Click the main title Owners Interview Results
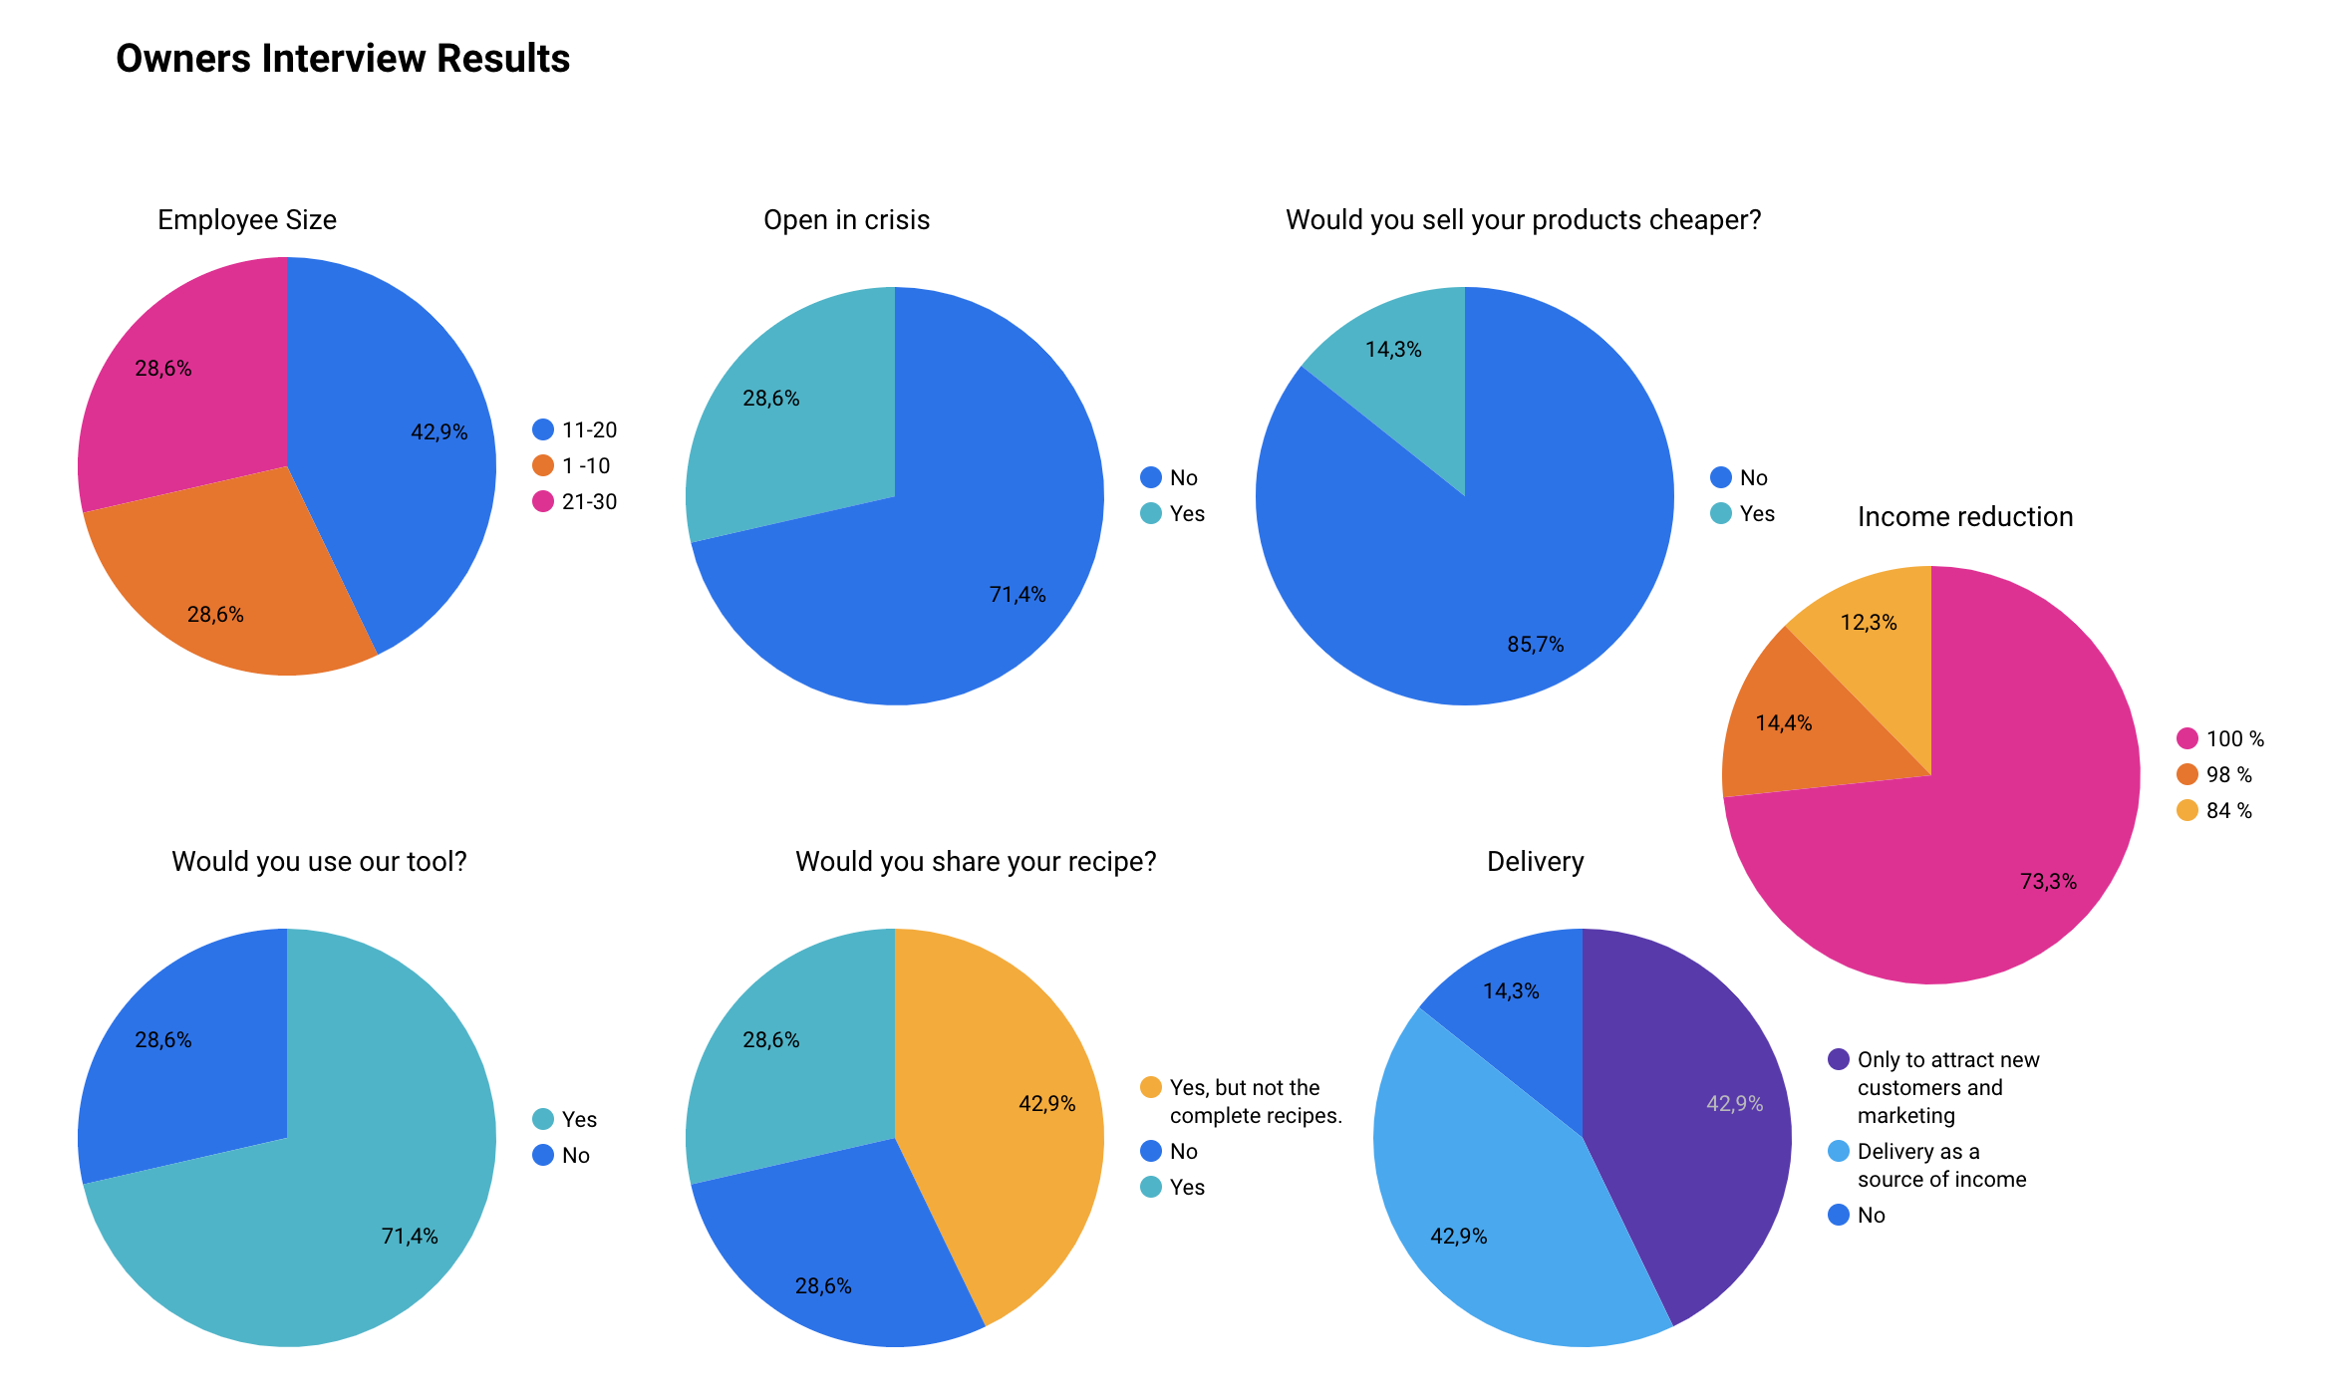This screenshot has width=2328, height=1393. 343,59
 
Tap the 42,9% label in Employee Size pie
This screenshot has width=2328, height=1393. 438,432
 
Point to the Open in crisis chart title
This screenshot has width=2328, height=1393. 846,220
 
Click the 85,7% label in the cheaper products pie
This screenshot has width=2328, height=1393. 1535,645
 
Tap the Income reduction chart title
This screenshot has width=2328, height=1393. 1964,517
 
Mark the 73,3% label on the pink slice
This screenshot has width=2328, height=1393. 2048,882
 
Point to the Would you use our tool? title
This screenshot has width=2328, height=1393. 319,862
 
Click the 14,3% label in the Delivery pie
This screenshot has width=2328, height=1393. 1511,991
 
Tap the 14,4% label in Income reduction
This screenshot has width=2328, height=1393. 1783,723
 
